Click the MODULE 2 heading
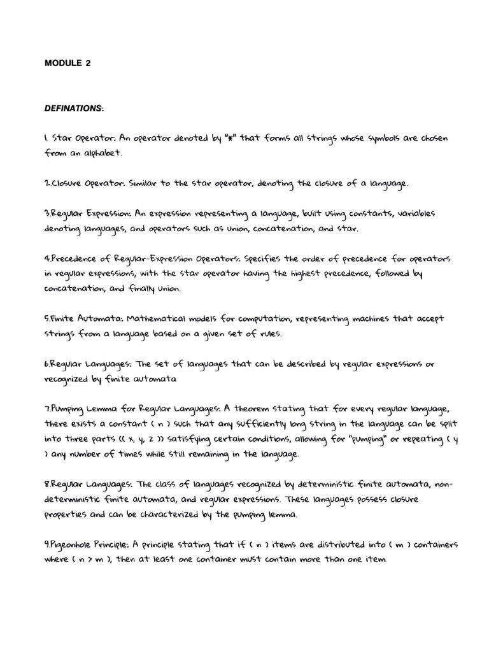point(63,63)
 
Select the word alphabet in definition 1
point(101,153)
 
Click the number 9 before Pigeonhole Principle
point(46,545)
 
